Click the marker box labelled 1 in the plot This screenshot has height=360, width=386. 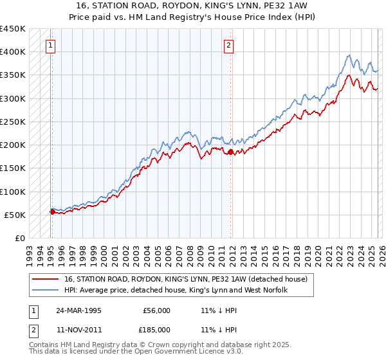(51, 45)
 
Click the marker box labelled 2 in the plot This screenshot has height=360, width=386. (229, 45)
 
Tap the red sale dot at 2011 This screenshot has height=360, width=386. (231, 152)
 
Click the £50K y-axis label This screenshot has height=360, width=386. (15, 215)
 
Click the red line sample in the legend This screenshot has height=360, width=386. (47, 279)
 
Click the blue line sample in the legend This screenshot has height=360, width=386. (47, 290)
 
